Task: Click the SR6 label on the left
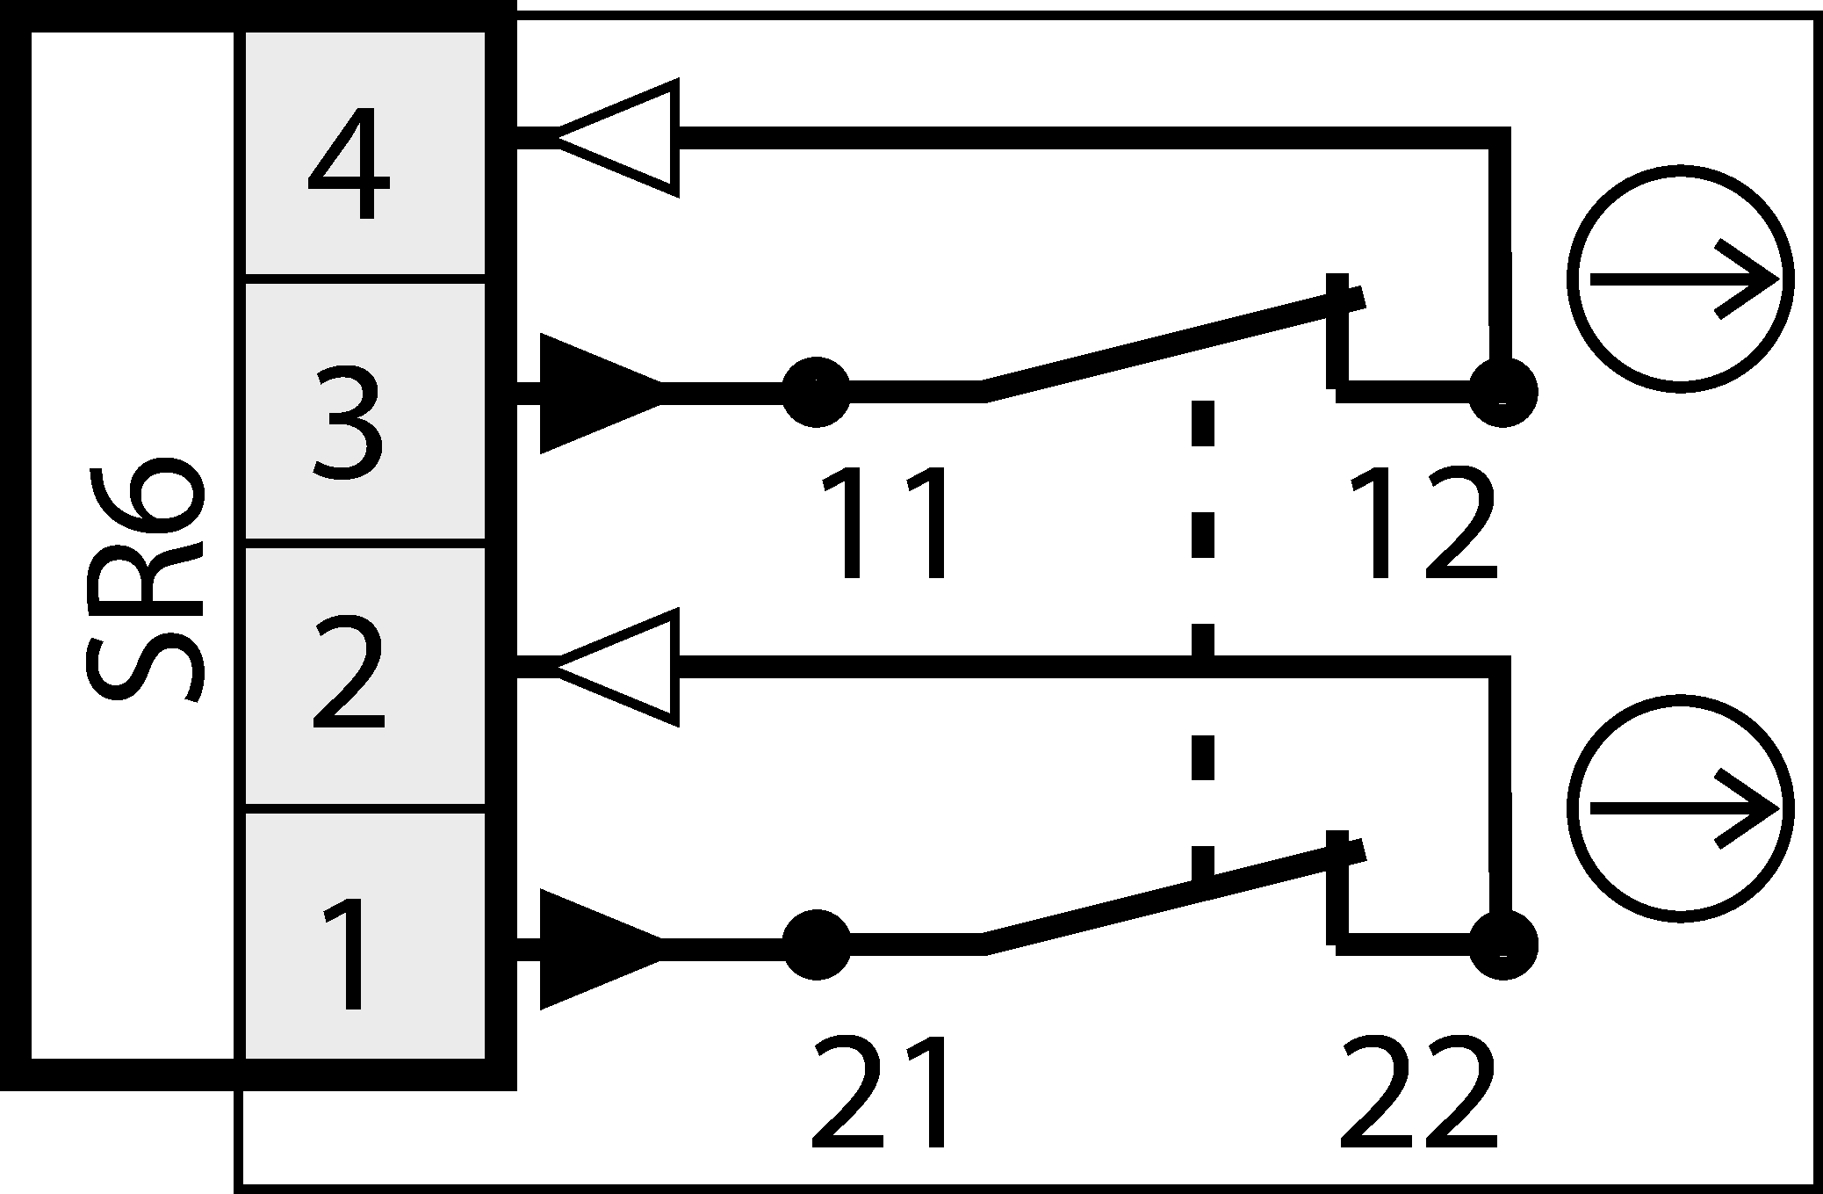pyautogui.click(x=145, y=580)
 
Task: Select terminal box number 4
pyautogui.click(x=364, y=155)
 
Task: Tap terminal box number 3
pyautogui.click(x=364, y=411)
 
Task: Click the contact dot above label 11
pyautogui.click(x=816, y=392)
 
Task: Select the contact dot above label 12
pyautogui.click(x=1502, y=392)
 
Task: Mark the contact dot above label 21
pyautogui.click(x=816, y=945)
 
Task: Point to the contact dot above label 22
pyautogui.click(x=1502, y=945)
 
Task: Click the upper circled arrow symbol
pyautogui.click(x=1680, y=279)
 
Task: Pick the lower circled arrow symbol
pyautogui.click(x=1680, y=807)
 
